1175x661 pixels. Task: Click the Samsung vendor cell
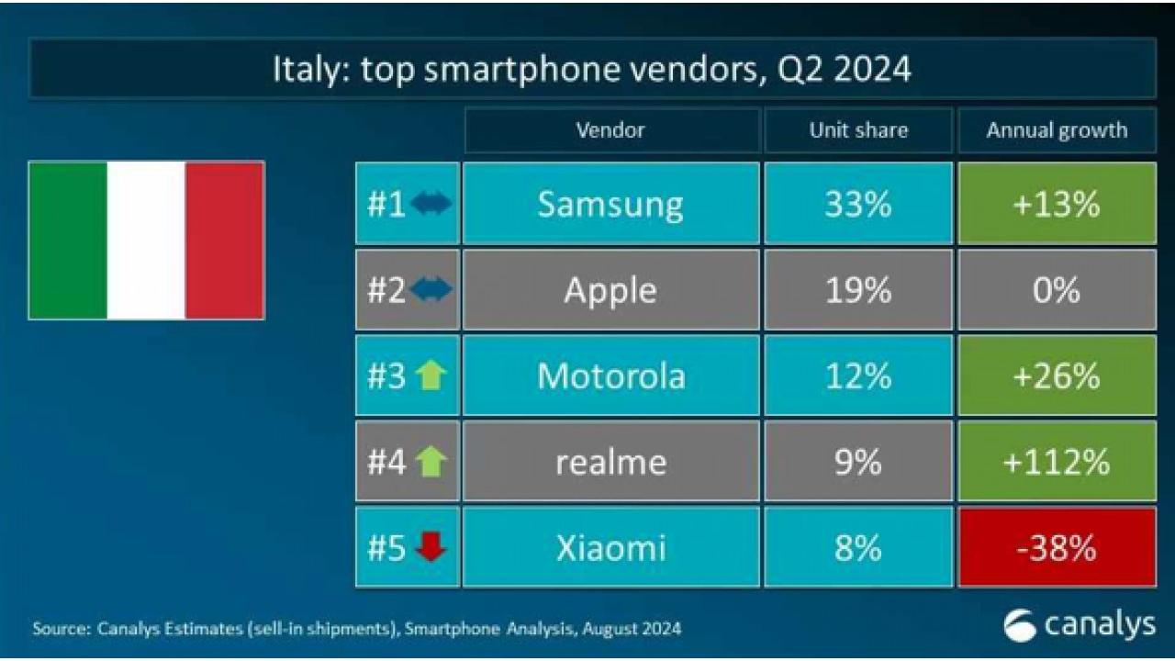pos(610,204)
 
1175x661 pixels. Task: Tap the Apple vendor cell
pos(610,290)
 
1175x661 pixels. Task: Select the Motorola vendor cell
pos(610,375)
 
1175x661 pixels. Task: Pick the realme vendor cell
pos(610,462)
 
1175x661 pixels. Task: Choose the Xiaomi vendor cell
pos(610,548)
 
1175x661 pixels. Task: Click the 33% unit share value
pos(857,204)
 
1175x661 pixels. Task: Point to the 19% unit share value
pos(857,290)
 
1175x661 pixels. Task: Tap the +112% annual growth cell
pos(1057,462)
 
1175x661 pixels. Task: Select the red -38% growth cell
pos(1057,548)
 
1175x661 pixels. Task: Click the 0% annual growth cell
pos(1057,290)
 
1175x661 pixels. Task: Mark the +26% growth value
pos(1057,375)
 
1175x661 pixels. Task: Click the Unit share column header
pos(857,130)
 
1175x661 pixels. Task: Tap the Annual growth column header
pos(1057,130)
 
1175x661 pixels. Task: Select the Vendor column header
pos(610,130)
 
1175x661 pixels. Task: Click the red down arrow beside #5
pos(431,547)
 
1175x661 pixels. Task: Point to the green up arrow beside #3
pos(431,375)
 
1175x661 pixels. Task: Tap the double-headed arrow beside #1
pos(431,204)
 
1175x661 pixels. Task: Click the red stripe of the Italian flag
pos(225,241)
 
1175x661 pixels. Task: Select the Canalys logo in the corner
pos(1079,626)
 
